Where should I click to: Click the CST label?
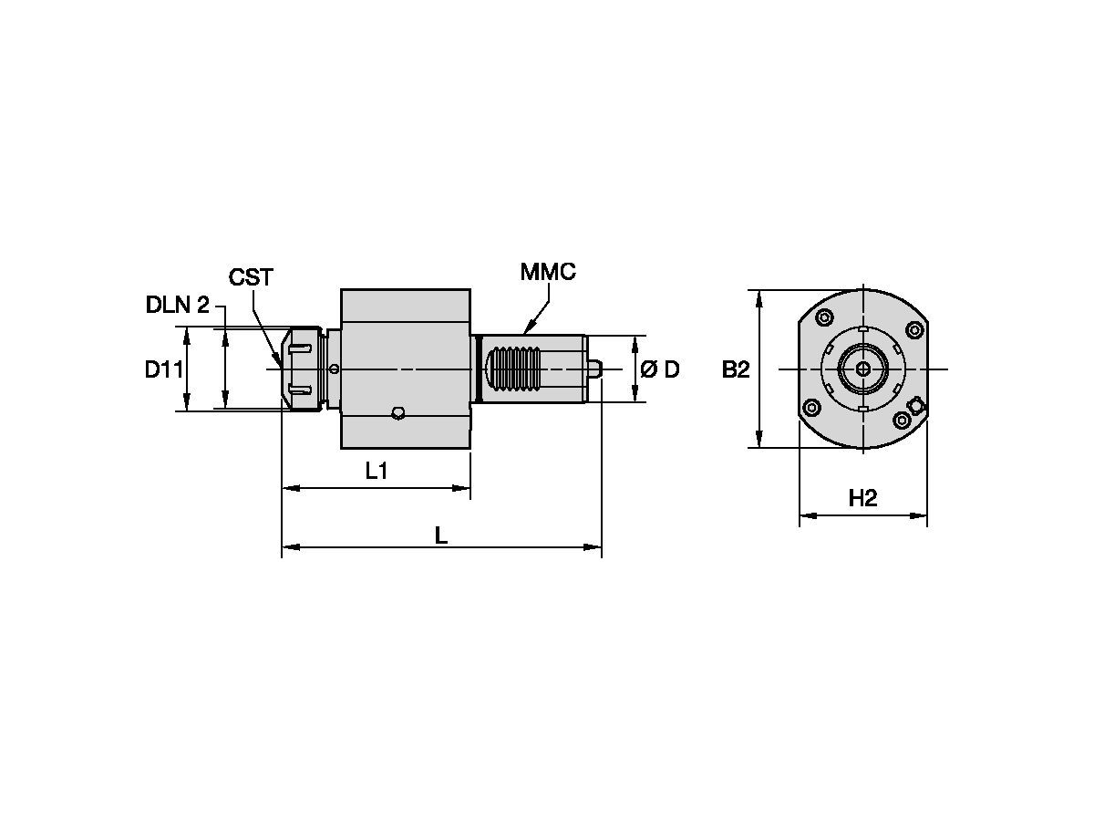click(251, 277)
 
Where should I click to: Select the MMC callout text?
click(548, 271)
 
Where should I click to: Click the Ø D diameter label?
click(659, 369)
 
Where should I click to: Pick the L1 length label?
click(377, 471)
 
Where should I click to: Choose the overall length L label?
click(440, 535)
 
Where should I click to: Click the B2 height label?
click(736, 369)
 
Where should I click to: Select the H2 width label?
click(862, 498)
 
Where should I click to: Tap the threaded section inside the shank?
click(518, 369)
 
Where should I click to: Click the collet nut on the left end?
click(304, 369)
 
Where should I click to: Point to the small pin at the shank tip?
click(595, 369)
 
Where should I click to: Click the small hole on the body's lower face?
click(397, 413)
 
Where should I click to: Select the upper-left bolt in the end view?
click(824, 317)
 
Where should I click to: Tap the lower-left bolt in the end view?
click(810, 406)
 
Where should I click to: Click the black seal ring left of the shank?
click(477, 369)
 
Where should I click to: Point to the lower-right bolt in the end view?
click(901, 420)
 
